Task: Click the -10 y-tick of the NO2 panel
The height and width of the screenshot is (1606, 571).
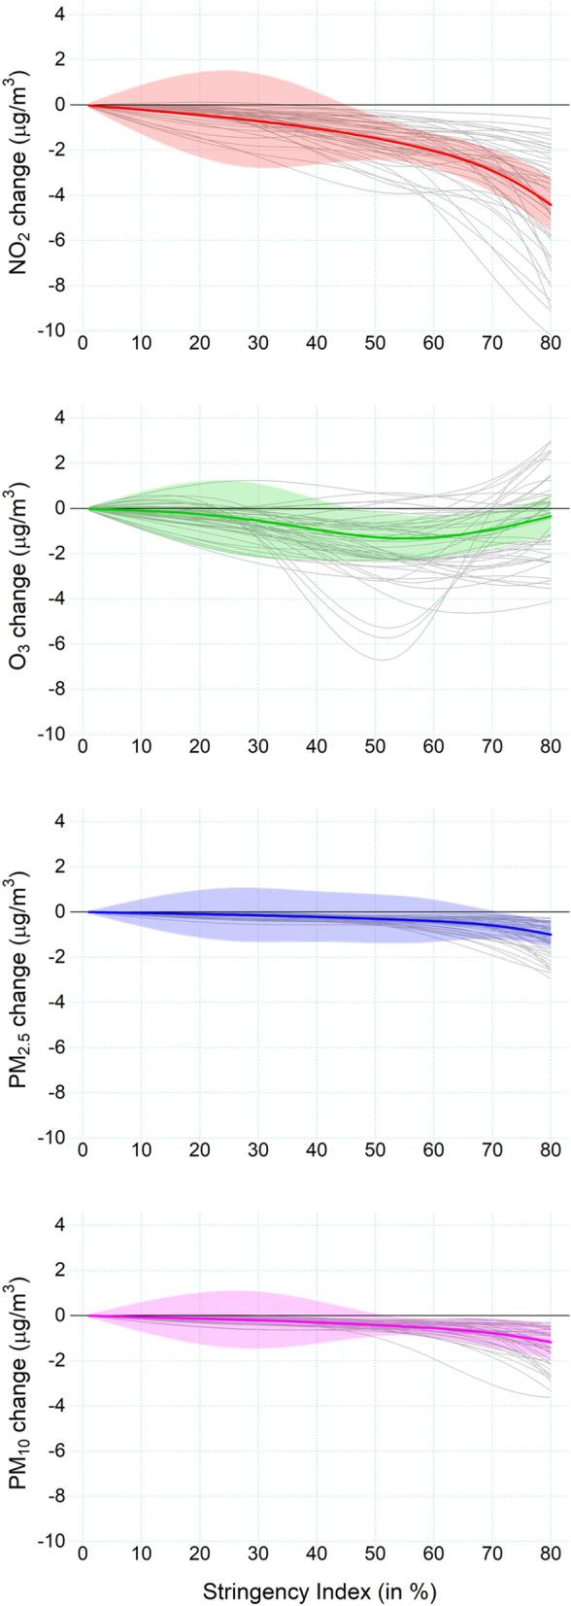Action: pos(53,330)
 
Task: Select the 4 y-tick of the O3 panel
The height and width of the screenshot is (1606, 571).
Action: pos(60,418)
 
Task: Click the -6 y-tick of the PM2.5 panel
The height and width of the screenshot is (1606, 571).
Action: pos(56,1047)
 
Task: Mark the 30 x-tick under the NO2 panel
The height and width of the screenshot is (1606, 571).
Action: pos(258,345)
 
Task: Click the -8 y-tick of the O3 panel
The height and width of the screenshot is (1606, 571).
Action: pos(56,689)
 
